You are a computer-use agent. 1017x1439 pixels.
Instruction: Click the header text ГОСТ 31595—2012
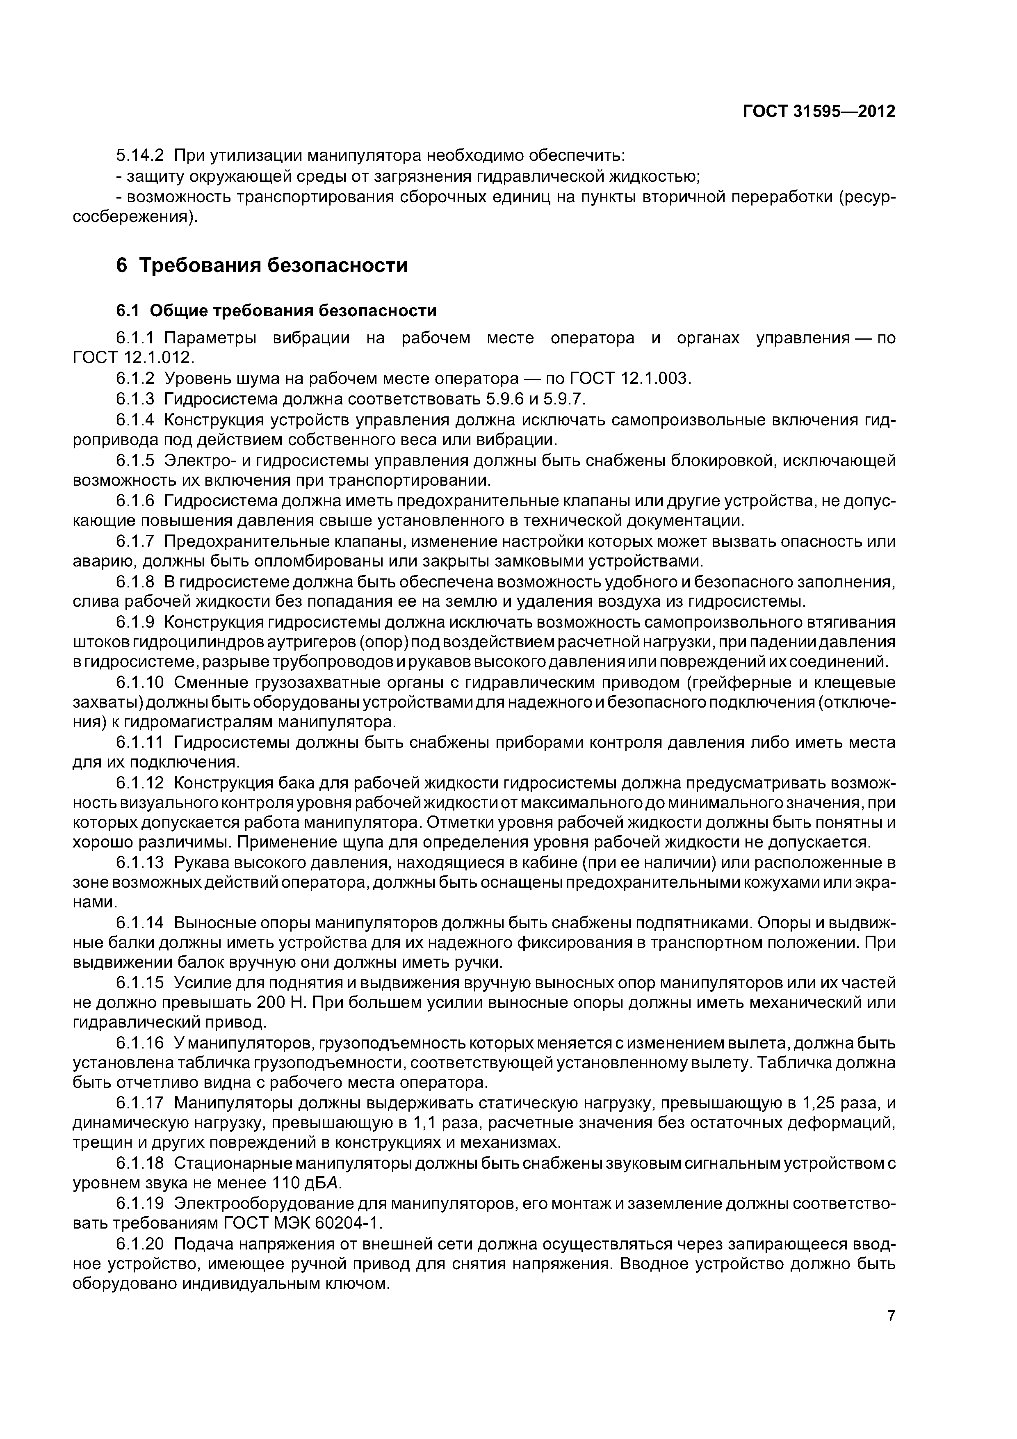[819, 112]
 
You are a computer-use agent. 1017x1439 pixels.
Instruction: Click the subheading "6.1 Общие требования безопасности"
[276, 311]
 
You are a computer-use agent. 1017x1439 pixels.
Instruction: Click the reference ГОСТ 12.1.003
[630, 379]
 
